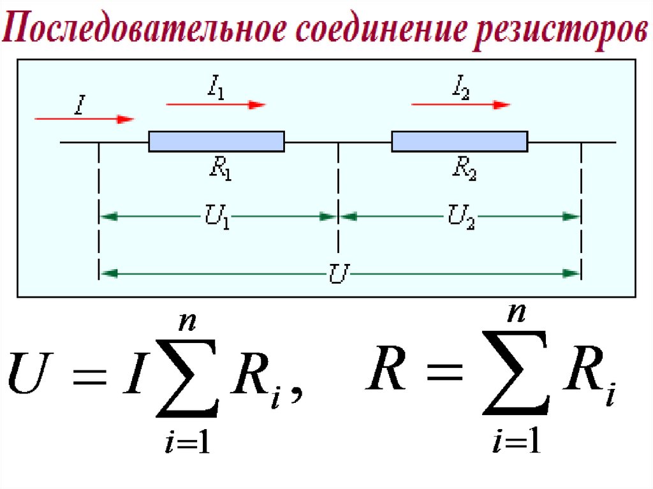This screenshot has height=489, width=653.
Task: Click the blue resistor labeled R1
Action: (x=216, y=142)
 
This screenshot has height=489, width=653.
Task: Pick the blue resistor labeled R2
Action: (x=459, y=142)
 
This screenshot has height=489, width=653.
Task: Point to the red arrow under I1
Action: (x=216, y=105)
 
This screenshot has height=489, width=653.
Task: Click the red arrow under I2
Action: (x=460, y=105)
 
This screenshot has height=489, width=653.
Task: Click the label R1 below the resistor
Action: (x=219, y=168)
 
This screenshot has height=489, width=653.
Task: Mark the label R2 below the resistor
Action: (x=464, y=168)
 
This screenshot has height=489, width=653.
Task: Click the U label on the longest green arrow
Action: (x=339, y=274)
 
